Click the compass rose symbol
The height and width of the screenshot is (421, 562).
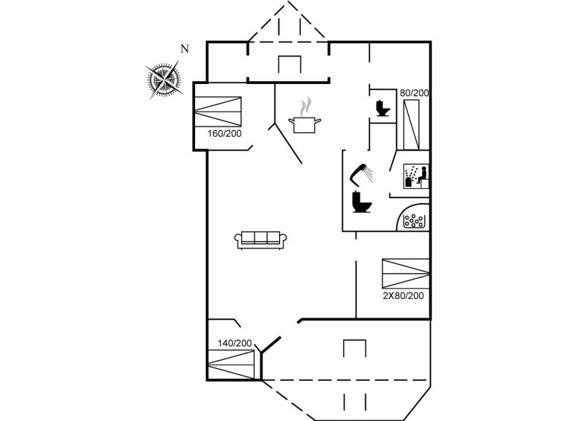click(165, 80)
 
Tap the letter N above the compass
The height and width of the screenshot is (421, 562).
click(185, 49)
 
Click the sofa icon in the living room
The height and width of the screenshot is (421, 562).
click(261, 240)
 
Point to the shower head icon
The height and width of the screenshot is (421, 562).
click(361, 176)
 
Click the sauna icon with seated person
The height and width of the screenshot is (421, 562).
click(416, 176)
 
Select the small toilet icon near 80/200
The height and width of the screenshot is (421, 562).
click(383, 108)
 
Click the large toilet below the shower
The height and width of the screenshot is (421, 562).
click(362, 202)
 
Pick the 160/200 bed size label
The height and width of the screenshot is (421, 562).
click(225, 134)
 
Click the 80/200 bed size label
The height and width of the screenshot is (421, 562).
click(415, 93)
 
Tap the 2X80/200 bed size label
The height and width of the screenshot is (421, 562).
click(403, 295)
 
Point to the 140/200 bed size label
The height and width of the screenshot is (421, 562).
click(234, 343)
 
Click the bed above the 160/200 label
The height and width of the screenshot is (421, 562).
click(218, 112)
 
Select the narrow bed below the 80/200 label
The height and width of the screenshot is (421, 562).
click(411, 125)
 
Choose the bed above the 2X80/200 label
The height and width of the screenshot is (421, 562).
click(406, 274)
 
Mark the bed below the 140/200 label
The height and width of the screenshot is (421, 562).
click(231, 364)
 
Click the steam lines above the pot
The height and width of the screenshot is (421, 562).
click(305, 106)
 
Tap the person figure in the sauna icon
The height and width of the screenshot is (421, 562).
click(423, 175)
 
